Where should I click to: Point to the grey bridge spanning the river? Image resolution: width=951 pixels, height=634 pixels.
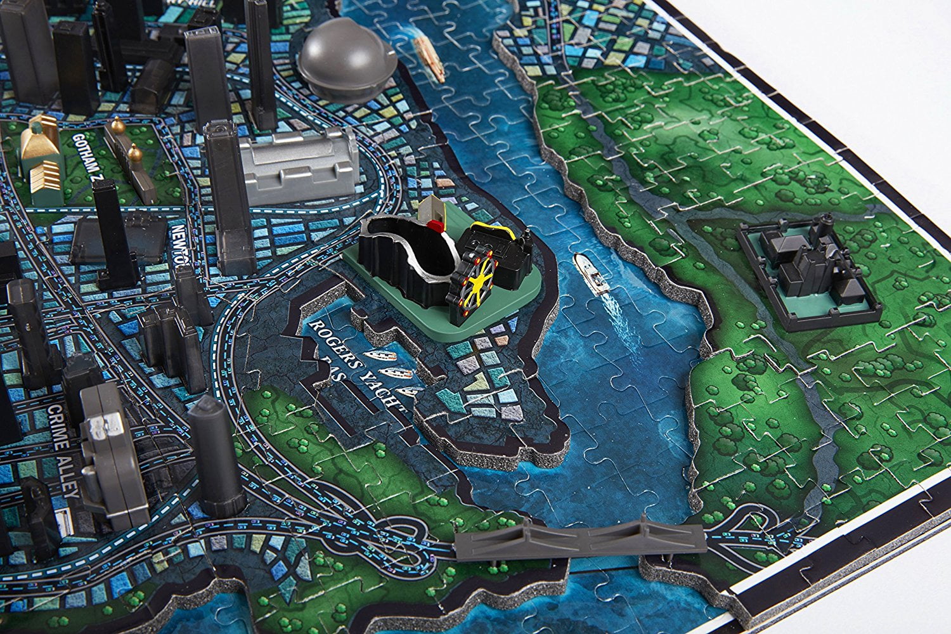tap(580, 540)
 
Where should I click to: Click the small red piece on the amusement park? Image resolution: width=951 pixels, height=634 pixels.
tap(435, 225)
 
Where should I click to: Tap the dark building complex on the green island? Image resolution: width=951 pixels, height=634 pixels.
tap(805, 266)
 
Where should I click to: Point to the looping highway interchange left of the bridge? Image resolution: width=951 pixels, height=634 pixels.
tap(406, 539)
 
